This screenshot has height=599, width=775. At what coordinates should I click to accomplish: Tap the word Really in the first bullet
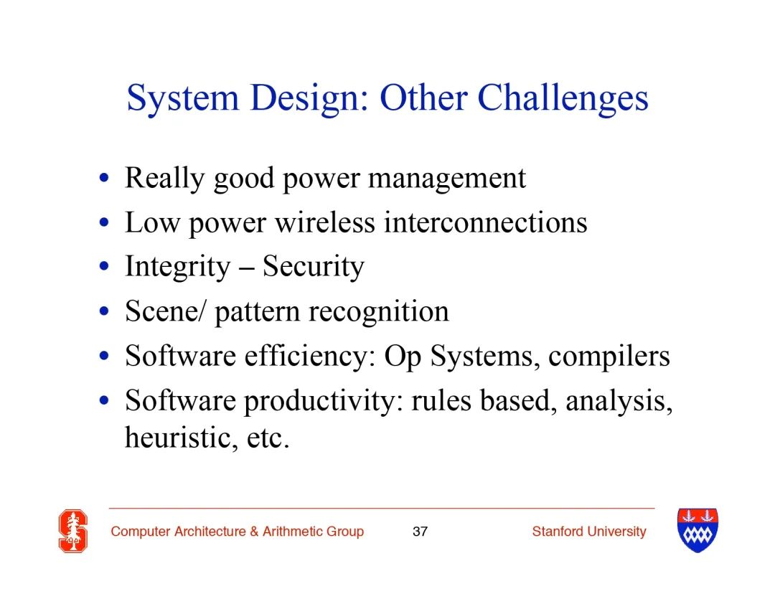pos(164,179)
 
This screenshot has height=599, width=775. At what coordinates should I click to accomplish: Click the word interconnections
pos(486,222)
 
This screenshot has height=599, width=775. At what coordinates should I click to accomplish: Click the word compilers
pos(609,357)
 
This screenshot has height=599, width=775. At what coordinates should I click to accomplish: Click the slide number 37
pos(420,532)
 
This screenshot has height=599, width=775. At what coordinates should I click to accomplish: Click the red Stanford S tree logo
pos(73,531)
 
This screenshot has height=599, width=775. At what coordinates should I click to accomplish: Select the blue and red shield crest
pos(697,530)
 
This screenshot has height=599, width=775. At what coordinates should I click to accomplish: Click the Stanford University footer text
pos(589,532)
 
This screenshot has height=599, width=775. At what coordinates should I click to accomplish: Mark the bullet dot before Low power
pos(104,223)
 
